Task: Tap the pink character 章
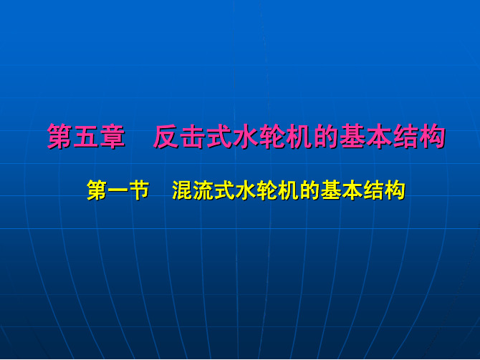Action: (112, 137)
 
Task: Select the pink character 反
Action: (166, 137)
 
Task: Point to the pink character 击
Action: (193, 137)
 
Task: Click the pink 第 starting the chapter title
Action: (60, 137)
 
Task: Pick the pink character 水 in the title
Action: (246, 137)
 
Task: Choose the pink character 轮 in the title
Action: (272, 137)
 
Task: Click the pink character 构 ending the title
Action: (432, 137)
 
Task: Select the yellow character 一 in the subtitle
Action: (118, 190)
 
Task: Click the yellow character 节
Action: (139, 190)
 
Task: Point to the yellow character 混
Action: (182, 190)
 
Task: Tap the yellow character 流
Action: (203, 190)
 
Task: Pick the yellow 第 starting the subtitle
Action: (97, 190)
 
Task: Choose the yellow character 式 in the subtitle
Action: (224, 190)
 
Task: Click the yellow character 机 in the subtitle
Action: (289, 190)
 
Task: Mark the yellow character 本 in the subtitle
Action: (352, 190)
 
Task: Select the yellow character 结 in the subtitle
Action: (373, 190)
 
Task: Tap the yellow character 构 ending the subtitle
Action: (395, 190)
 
